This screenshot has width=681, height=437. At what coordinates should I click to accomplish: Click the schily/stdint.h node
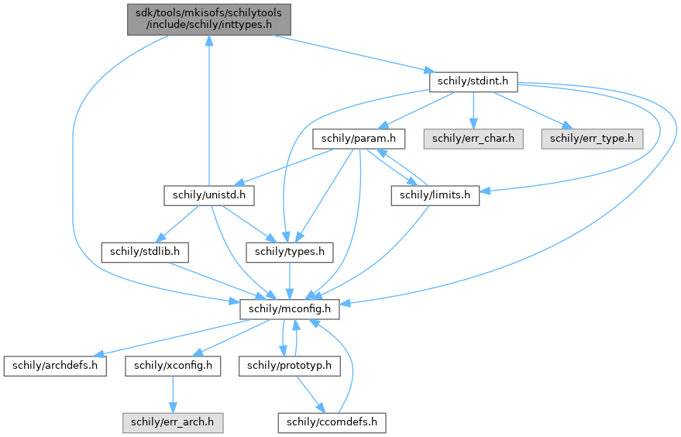pos(473,81)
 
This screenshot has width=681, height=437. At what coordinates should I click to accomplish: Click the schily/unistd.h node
pos(209,195)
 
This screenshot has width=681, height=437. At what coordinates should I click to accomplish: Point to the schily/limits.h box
pos(435,195)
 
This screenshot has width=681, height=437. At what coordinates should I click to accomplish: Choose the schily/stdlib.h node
pos(145,252)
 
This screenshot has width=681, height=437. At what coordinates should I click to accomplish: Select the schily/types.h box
pos(290,252)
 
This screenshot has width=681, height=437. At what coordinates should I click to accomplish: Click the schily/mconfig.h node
pos(290,308)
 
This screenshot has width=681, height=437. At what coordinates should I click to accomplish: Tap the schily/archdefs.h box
pos(54,365)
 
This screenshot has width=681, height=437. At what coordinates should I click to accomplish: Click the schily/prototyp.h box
pos(289,365)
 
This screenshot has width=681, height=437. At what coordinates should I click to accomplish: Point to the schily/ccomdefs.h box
pos(332,422)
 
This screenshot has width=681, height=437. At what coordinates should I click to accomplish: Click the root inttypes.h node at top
pos(208,18)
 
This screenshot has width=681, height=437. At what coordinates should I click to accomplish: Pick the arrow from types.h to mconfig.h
pos(290,280)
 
